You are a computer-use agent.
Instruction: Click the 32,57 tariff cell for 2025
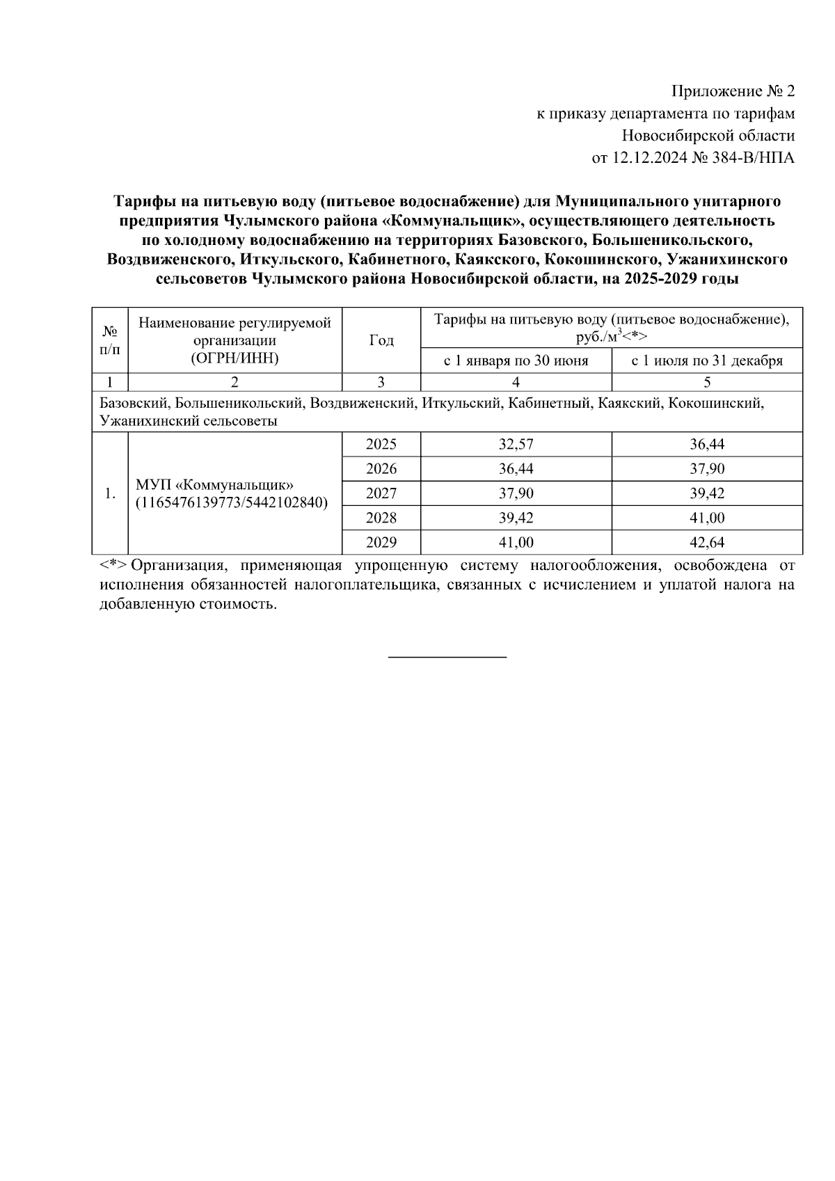pos(516,444)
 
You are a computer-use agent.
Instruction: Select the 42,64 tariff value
pos(707,542)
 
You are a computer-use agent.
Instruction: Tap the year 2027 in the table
pos(381,493)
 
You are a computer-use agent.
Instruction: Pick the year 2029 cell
pos(381,542)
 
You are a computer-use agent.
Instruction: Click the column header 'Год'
pos(381,340)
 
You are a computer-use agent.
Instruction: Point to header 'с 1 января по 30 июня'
pos(516,360)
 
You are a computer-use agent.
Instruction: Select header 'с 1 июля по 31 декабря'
pos(707,360)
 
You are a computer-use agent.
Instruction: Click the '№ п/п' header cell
pos(110,340)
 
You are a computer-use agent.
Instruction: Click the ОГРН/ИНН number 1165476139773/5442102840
pos(231,502)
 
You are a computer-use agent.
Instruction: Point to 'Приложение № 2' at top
pos(732,91)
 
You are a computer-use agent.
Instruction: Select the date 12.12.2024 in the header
pos(649,158)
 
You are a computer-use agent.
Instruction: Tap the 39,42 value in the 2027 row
pos(707,493)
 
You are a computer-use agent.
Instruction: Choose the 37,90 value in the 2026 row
pos(707,469)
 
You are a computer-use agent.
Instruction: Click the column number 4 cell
pos(516,382)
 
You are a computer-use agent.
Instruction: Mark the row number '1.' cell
pos(110,493)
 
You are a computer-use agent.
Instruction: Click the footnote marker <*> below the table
pos(112,566)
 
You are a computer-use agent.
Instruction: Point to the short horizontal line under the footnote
pos(447,656)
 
